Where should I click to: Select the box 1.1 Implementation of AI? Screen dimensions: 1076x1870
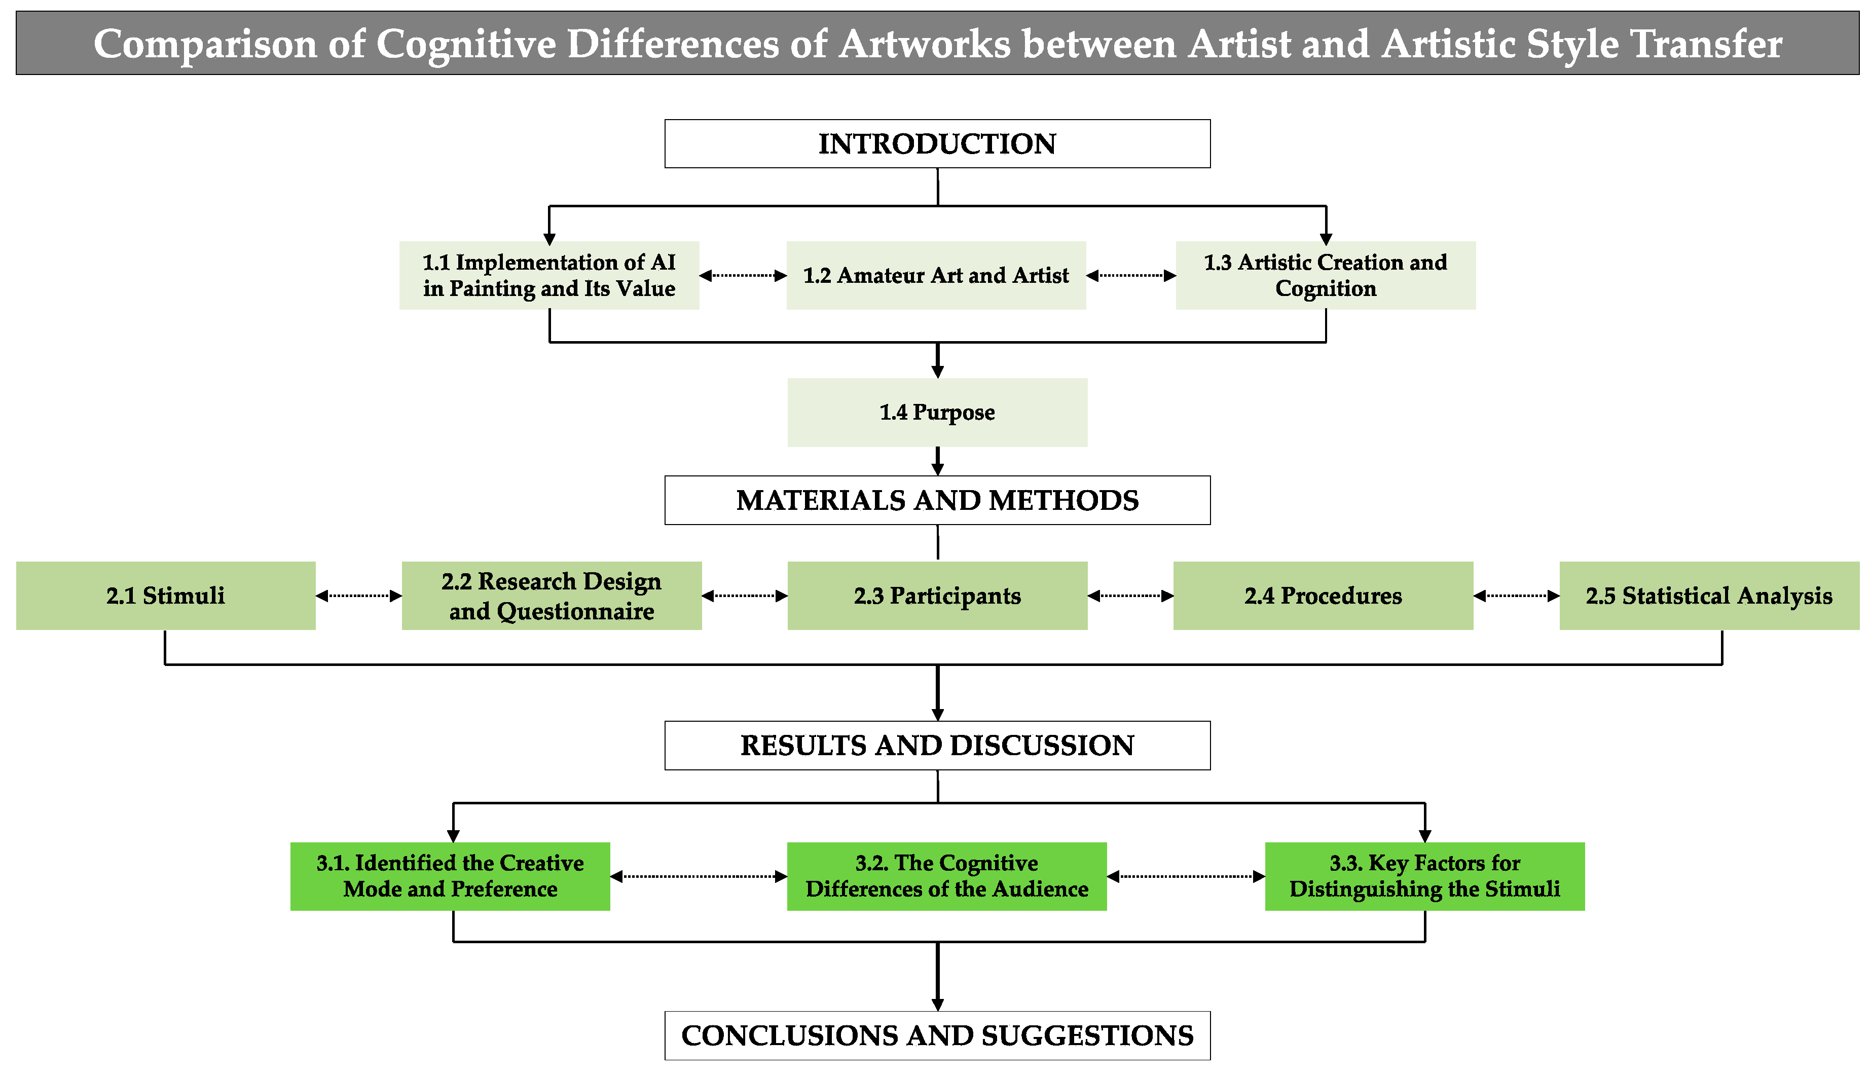[x=548, y=275]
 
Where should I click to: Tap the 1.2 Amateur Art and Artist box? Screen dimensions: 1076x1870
[x=936, y=275]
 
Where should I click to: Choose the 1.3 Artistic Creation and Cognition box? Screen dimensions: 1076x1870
[x=1325, y=275]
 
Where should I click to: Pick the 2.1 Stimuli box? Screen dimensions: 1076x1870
[x=166, y=596]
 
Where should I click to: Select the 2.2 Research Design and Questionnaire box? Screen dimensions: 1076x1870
[x=552, y=596]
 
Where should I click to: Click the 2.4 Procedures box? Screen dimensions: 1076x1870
[x=1323, y=596]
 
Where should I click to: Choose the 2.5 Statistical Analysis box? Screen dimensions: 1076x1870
[x=1708, y=596]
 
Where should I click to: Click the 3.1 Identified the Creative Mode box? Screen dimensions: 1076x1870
[x=450, y=876]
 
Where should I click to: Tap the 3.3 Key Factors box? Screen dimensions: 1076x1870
[x=1424, y=876]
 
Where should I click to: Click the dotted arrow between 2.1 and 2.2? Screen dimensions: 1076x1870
[x=358, y=596]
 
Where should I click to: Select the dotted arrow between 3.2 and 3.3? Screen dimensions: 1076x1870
[x=1186, y=876]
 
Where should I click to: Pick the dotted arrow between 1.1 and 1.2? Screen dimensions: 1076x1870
[x=742, y=276]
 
